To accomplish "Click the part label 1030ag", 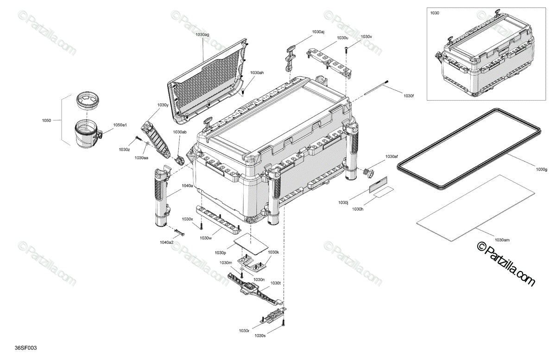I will point(202,34).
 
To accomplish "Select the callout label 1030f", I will point(408,96).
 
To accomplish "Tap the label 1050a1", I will point(120,125).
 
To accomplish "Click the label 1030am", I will point(502,240).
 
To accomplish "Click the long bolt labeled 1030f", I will point(375,89).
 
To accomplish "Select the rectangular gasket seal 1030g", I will point(468,148).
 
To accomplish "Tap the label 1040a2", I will point(167,242).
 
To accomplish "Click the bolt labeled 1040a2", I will point(179,232).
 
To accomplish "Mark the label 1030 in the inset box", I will point(435,13).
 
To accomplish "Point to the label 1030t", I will point(276,283).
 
